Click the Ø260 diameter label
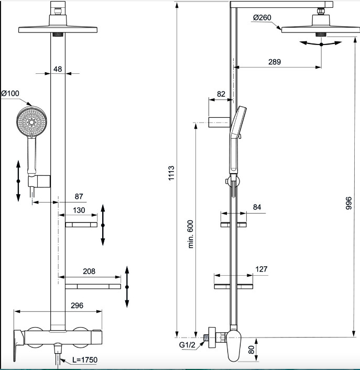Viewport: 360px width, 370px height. [262, 17]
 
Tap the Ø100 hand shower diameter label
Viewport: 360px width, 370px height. [10, 94]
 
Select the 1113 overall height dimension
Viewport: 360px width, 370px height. [171, 173]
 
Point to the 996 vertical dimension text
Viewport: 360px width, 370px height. [348, 203]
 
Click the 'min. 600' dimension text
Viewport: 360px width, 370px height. [190, 234]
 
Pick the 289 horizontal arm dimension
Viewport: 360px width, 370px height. [275, 62]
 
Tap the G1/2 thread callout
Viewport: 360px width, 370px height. [187, 345]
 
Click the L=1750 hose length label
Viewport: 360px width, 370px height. [85, 360]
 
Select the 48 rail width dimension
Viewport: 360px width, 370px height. [58, 69]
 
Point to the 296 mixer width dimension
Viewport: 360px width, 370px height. [77, 306]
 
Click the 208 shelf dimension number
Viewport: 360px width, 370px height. [89, 272]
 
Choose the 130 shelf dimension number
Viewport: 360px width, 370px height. [79, 210]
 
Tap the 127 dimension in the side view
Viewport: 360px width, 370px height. [261, 269]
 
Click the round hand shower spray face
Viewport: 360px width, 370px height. [31, 122]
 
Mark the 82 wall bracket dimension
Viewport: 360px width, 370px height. [221, 94]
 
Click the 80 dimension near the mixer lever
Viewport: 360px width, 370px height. [252, 350]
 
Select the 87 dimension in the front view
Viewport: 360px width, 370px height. [79, 196]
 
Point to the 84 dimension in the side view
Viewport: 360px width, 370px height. [257, 207]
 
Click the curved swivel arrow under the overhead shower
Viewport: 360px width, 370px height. [321, 44]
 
